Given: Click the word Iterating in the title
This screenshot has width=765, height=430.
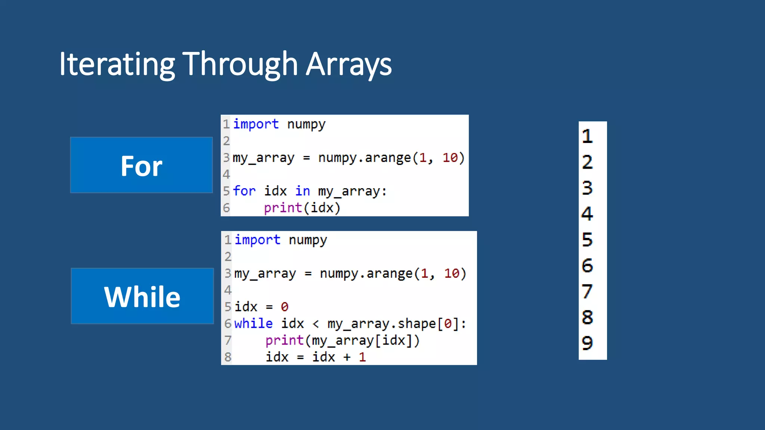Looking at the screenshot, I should (x=117, y=64).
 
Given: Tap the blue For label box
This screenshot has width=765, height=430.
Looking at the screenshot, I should (x=141, y=165).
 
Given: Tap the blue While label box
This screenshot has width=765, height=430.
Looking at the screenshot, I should (x=142, y=296).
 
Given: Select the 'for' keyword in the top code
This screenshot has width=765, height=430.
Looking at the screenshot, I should (x=244, y=191).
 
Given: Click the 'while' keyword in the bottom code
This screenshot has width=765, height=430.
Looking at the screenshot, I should (x=253, y=323).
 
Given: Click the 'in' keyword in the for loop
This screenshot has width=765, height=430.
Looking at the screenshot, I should (x=302, y=191).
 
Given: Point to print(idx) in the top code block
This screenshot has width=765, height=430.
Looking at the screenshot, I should (x=302, y=208).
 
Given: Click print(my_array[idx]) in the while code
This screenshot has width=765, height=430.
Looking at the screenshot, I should (x=342, y=340).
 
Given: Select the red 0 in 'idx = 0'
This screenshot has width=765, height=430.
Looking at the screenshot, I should (x=284, y=307).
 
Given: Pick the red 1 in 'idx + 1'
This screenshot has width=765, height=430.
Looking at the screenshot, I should (x=362, y=357).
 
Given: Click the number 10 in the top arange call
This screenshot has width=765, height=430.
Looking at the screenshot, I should (x=450, y=158).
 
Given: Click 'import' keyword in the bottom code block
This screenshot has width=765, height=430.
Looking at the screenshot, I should (x=257, y=240).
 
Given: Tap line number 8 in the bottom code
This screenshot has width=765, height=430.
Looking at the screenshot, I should (x=228, y=357).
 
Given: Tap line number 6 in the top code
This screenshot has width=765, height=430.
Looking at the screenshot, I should (x=226, y=208).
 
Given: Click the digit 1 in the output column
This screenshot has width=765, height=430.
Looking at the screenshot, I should (x=587, y=136).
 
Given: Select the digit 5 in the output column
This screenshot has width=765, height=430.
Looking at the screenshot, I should (x=587, y=240).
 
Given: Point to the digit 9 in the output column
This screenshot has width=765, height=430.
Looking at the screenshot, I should (x=587, y=343).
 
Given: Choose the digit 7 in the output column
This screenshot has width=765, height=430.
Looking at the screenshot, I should (x=587, y=292).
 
